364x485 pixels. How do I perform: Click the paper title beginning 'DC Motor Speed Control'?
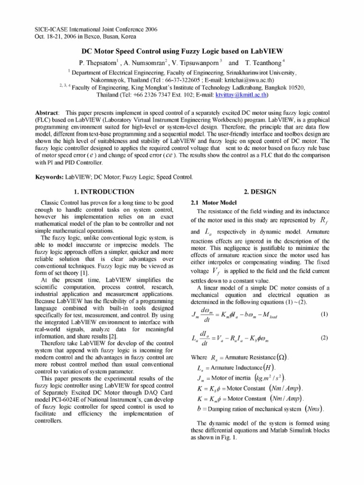(182, 51)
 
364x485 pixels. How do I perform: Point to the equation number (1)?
(324, 314)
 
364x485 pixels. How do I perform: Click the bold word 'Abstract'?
(47, 114)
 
